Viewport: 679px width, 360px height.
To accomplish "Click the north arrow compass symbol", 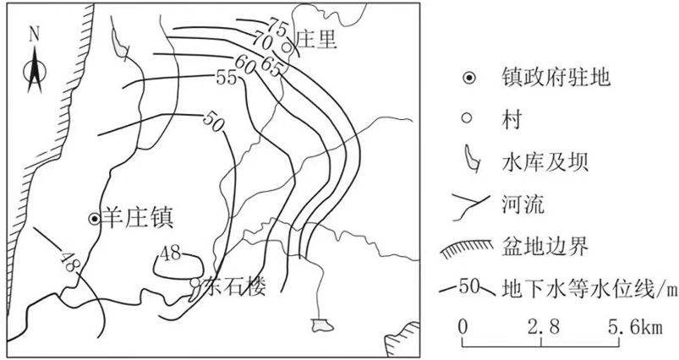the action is pyautogui.click(x=35, y=69).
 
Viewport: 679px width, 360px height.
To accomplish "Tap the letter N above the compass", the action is pyautogui.click(x=34, y=34).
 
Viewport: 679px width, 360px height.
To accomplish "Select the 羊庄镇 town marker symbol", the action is pyautogui.click(x=95, y=219).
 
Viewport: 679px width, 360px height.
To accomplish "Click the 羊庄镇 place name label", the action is pyautogui.click(x=138, y=218).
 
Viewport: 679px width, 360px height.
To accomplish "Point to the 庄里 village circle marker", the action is pyautogui.click(x=287, y=46).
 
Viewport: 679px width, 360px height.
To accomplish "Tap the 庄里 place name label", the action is pyautogui.click(x=315, y=40).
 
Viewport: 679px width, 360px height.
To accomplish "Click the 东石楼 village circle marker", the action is pyautogui.click(x=195, y=282).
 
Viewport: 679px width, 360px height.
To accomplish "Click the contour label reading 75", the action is pyautogui.click(x=277, y=27).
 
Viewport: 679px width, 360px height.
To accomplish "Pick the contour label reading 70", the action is pyautogui.click(x=261, y=41).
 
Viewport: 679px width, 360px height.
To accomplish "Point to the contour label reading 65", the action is pyautogui.click(x=271, y=67).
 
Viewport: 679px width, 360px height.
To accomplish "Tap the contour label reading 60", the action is pyautogui.click(x=244, y=64).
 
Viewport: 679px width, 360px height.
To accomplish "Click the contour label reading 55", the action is pyautogui.click(x=227, y=78).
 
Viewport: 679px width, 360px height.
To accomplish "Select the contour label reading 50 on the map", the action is pyautogui.click(x=213, y=122).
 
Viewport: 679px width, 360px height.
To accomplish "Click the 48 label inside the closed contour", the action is pyautogui.click(x=170, y=254).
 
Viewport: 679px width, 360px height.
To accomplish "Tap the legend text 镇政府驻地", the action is pyautogui.click(x=556, y=78).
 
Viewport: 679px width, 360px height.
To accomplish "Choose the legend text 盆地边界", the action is pyautogui.click(x=545, y=248).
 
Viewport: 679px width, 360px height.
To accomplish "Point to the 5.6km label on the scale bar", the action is pyautogui.click(x=634, y=328).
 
